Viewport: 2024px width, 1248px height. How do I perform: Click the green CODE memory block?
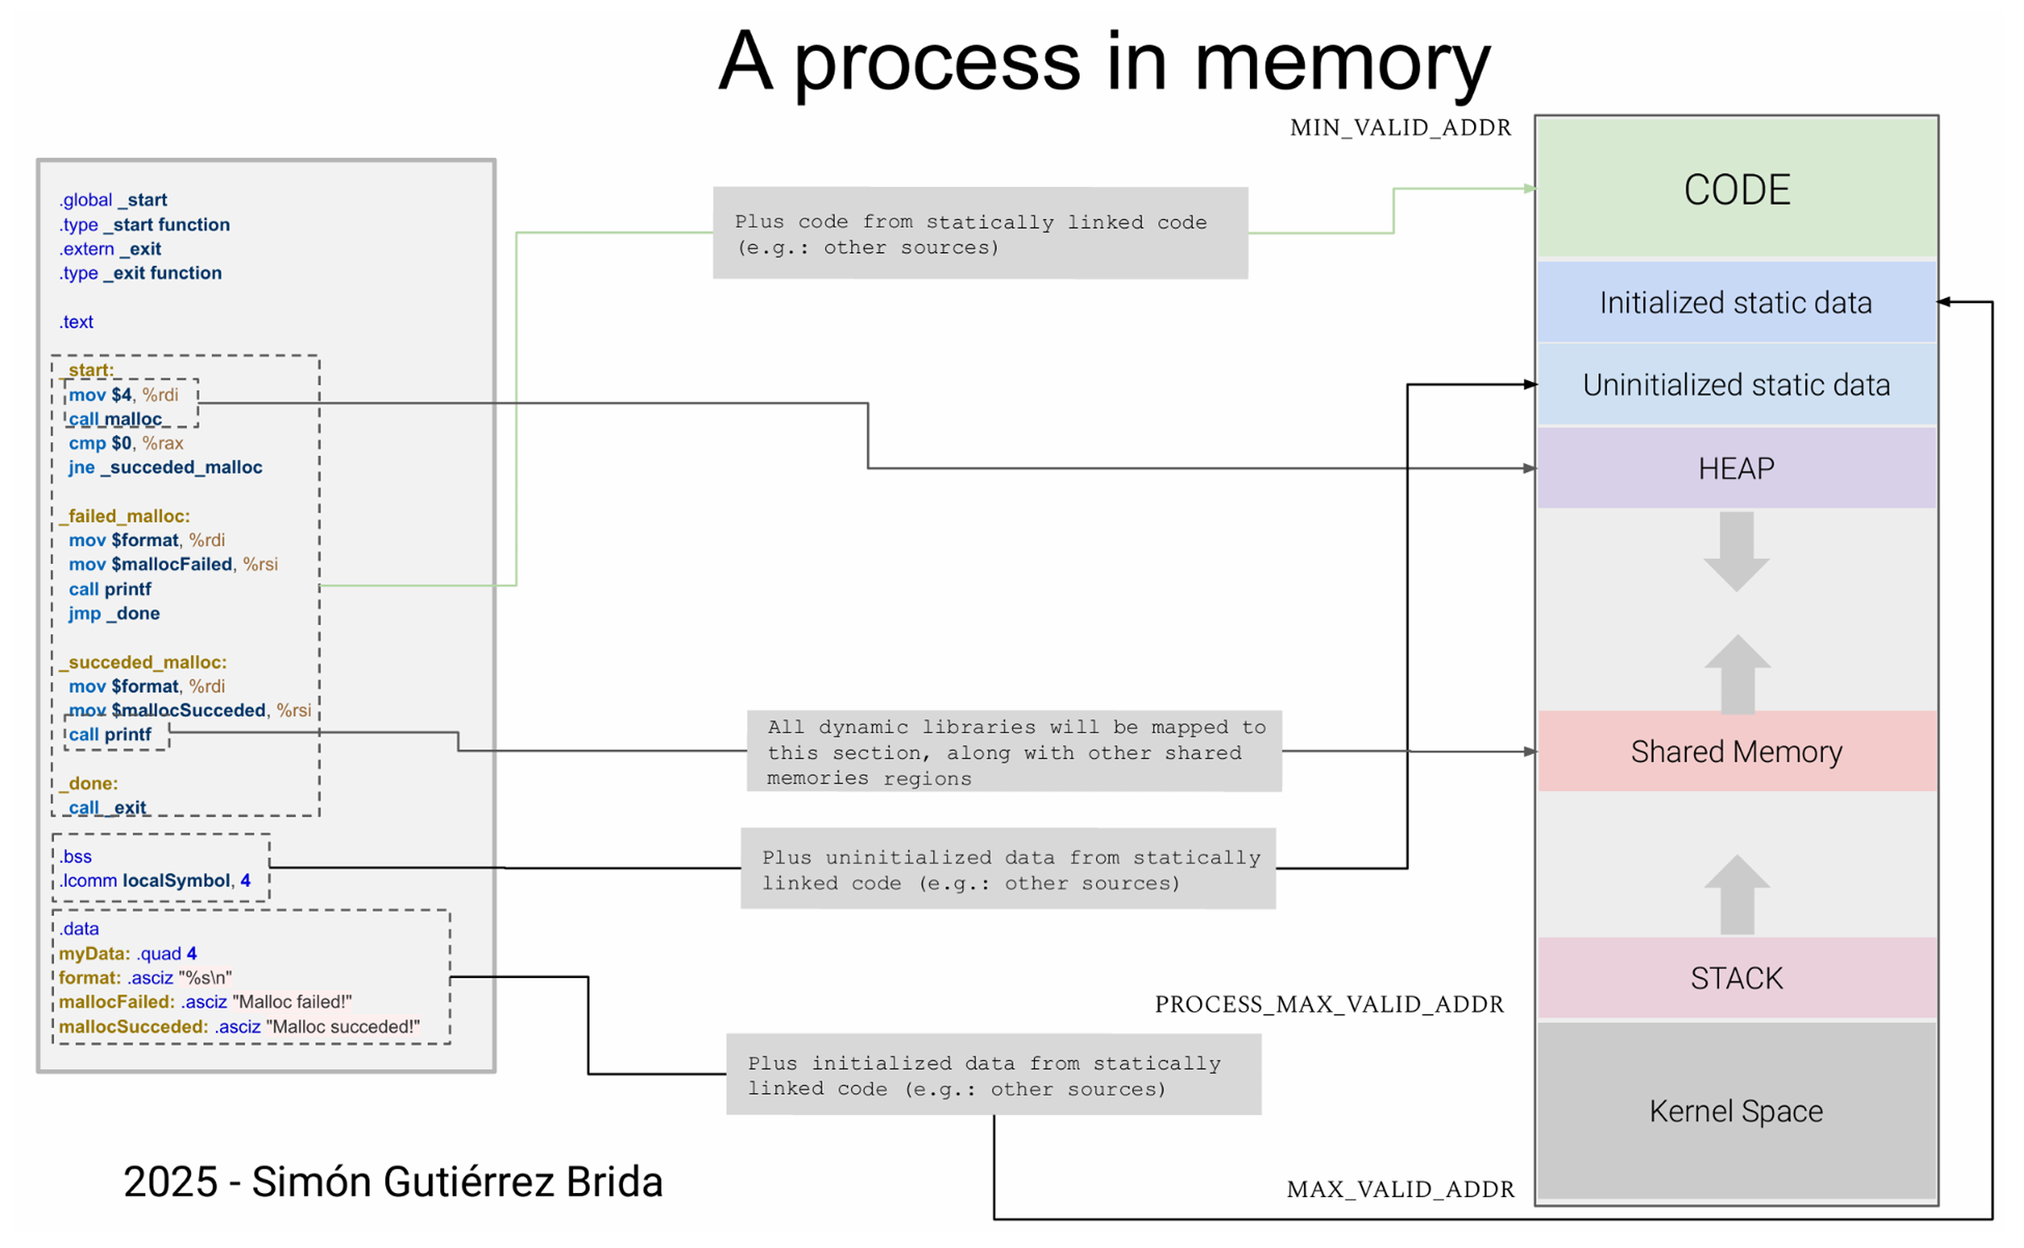(1736, 189)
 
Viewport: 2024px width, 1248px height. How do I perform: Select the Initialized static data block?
(1736, 302)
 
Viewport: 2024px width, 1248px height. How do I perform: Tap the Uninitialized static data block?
(1736, 385)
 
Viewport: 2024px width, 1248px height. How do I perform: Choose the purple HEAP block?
(1736, 468)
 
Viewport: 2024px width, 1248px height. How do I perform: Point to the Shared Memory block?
(1736, 751)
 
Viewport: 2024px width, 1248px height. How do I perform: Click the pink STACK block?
(1736, 978)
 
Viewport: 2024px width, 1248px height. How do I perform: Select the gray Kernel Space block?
(1736, 1111)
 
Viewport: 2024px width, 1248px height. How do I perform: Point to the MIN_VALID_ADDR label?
(1400, 128)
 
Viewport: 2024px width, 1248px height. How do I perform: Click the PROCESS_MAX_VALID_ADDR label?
(1329, 1004)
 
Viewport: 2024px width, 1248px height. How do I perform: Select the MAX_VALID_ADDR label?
(1400, 1190)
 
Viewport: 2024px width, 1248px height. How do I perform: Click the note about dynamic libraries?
(1014, 751)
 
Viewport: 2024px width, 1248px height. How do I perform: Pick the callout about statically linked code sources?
(980, 234)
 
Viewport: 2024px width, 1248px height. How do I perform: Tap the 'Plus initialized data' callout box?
(993, 1075)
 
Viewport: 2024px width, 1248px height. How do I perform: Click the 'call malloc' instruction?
(115, 419)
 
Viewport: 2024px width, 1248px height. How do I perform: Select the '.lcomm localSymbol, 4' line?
(156, 881)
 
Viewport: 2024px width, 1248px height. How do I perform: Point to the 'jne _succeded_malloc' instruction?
(166, 467)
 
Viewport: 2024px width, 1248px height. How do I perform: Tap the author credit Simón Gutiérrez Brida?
(393, 1182)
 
